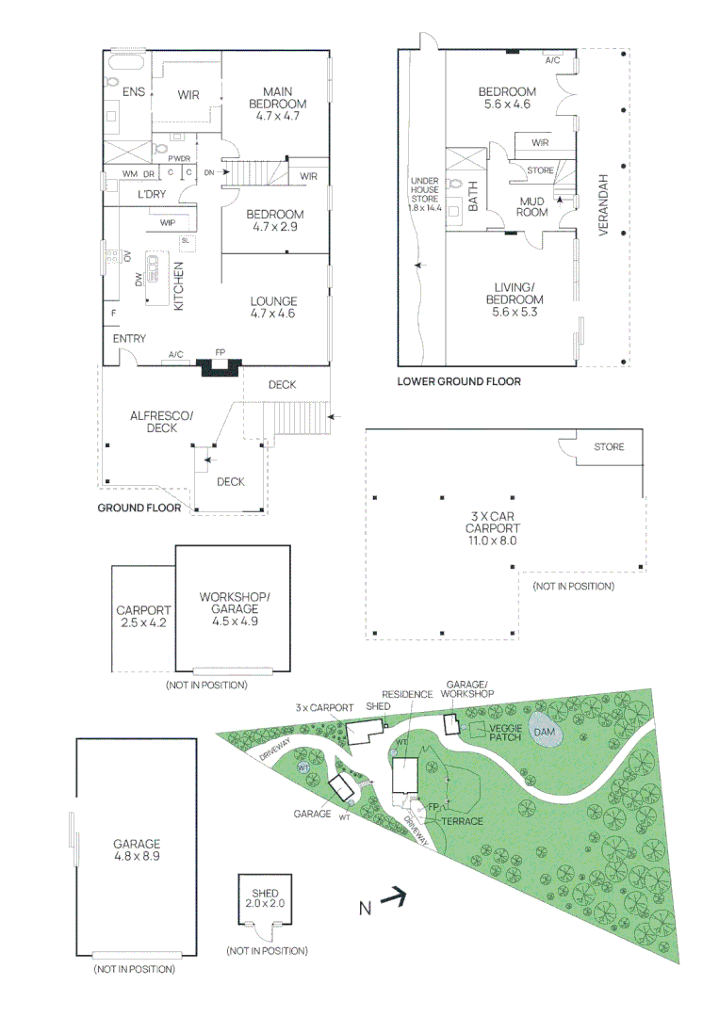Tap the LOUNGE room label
pyautogui.click(x=273, y=308)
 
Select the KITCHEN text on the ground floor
pyautogui.click(x=177, y=286)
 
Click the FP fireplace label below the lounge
pyautogui.click(x=221, y=352)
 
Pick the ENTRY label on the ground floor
pyautogui.click(x=129, y=338)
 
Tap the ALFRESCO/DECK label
pyautogui.click(x=161, y=421)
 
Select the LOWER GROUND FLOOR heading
pyautogui.click(x=458, y=381)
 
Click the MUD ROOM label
pyautogui.click(x=532, y=206)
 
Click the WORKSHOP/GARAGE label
pyautogui.click(x=235, y=603)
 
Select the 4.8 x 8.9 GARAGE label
pyautogui.click(x=137, y=850)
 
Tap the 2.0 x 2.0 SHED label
pyautogui.click(x=266, y=897)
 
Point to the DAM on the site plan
pyautogui.click(x=545, y=732)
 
